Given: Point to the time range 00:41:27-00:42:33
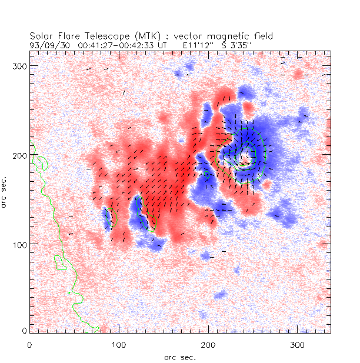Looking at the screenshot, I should coord(117,44).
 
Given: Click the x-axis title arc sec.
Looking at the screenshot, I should coord(180,357).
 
